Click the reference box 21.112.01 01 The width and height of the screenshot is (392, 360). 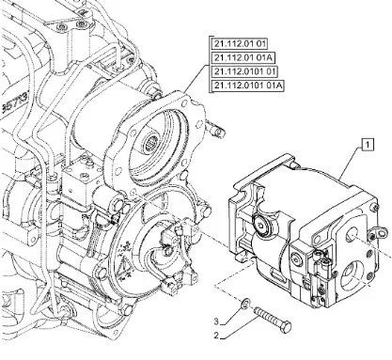coord(240,43)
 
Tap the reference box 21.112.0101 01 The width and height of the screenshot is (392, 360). coord(244,71)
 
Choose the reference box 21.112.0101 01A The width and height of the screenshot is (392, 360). coord(248,86)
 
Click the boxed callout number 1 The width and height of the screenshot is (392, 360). coord(368,145)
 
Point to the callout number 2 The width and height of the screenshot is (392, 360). coord(216,336)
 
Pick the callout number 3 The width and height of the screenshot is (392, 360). coord(216,321)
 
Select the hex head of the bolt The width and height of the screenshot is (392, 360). coord(286,327)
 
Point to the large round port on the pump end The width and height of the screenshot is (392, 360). coord(353,274)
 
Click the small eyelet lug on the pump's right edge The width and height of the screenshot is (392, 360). coord(380,233)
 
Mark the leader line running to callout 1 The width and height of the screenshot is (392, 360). coord(352,164)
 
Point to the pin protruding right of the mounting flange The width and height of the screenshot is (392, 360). coord(216,129)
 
